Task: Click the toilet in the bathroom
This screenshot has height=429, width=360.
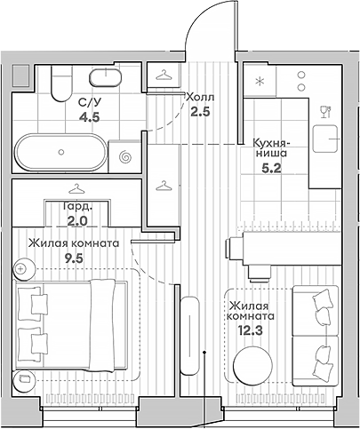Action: click(62, 83)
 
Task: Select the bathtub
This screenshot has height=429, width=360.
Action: click(61, 152)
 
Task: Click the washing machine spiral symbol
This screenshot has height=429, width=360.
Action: click(124, 156)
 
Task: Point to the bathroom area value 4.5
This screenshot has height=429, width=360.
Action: click(89, 117)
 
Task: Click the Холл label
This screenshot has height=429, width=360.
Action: click(199, 97)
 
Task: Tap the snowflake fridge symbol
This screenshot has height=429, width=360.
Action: click(260, 81)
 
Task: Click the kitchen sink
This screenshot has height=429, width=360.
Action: click(325, 139)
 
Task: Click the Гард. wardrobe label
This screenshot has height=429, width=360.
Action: click(78, 207)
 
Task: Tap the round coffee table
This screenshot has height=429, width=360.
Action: click(252, 365)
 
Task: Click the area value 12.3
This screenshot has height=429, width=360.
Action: click(251, 329)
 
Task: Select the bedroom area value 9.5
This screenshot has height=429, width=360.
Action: click(74, 258)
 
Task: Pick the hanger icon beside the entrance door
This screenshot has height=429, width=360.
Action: click(164, 75)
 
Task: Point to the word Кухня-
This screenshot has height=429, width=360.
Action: click(272, 144)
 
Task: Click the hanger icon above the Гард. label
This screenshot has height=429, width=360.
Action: click(76, 188)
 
